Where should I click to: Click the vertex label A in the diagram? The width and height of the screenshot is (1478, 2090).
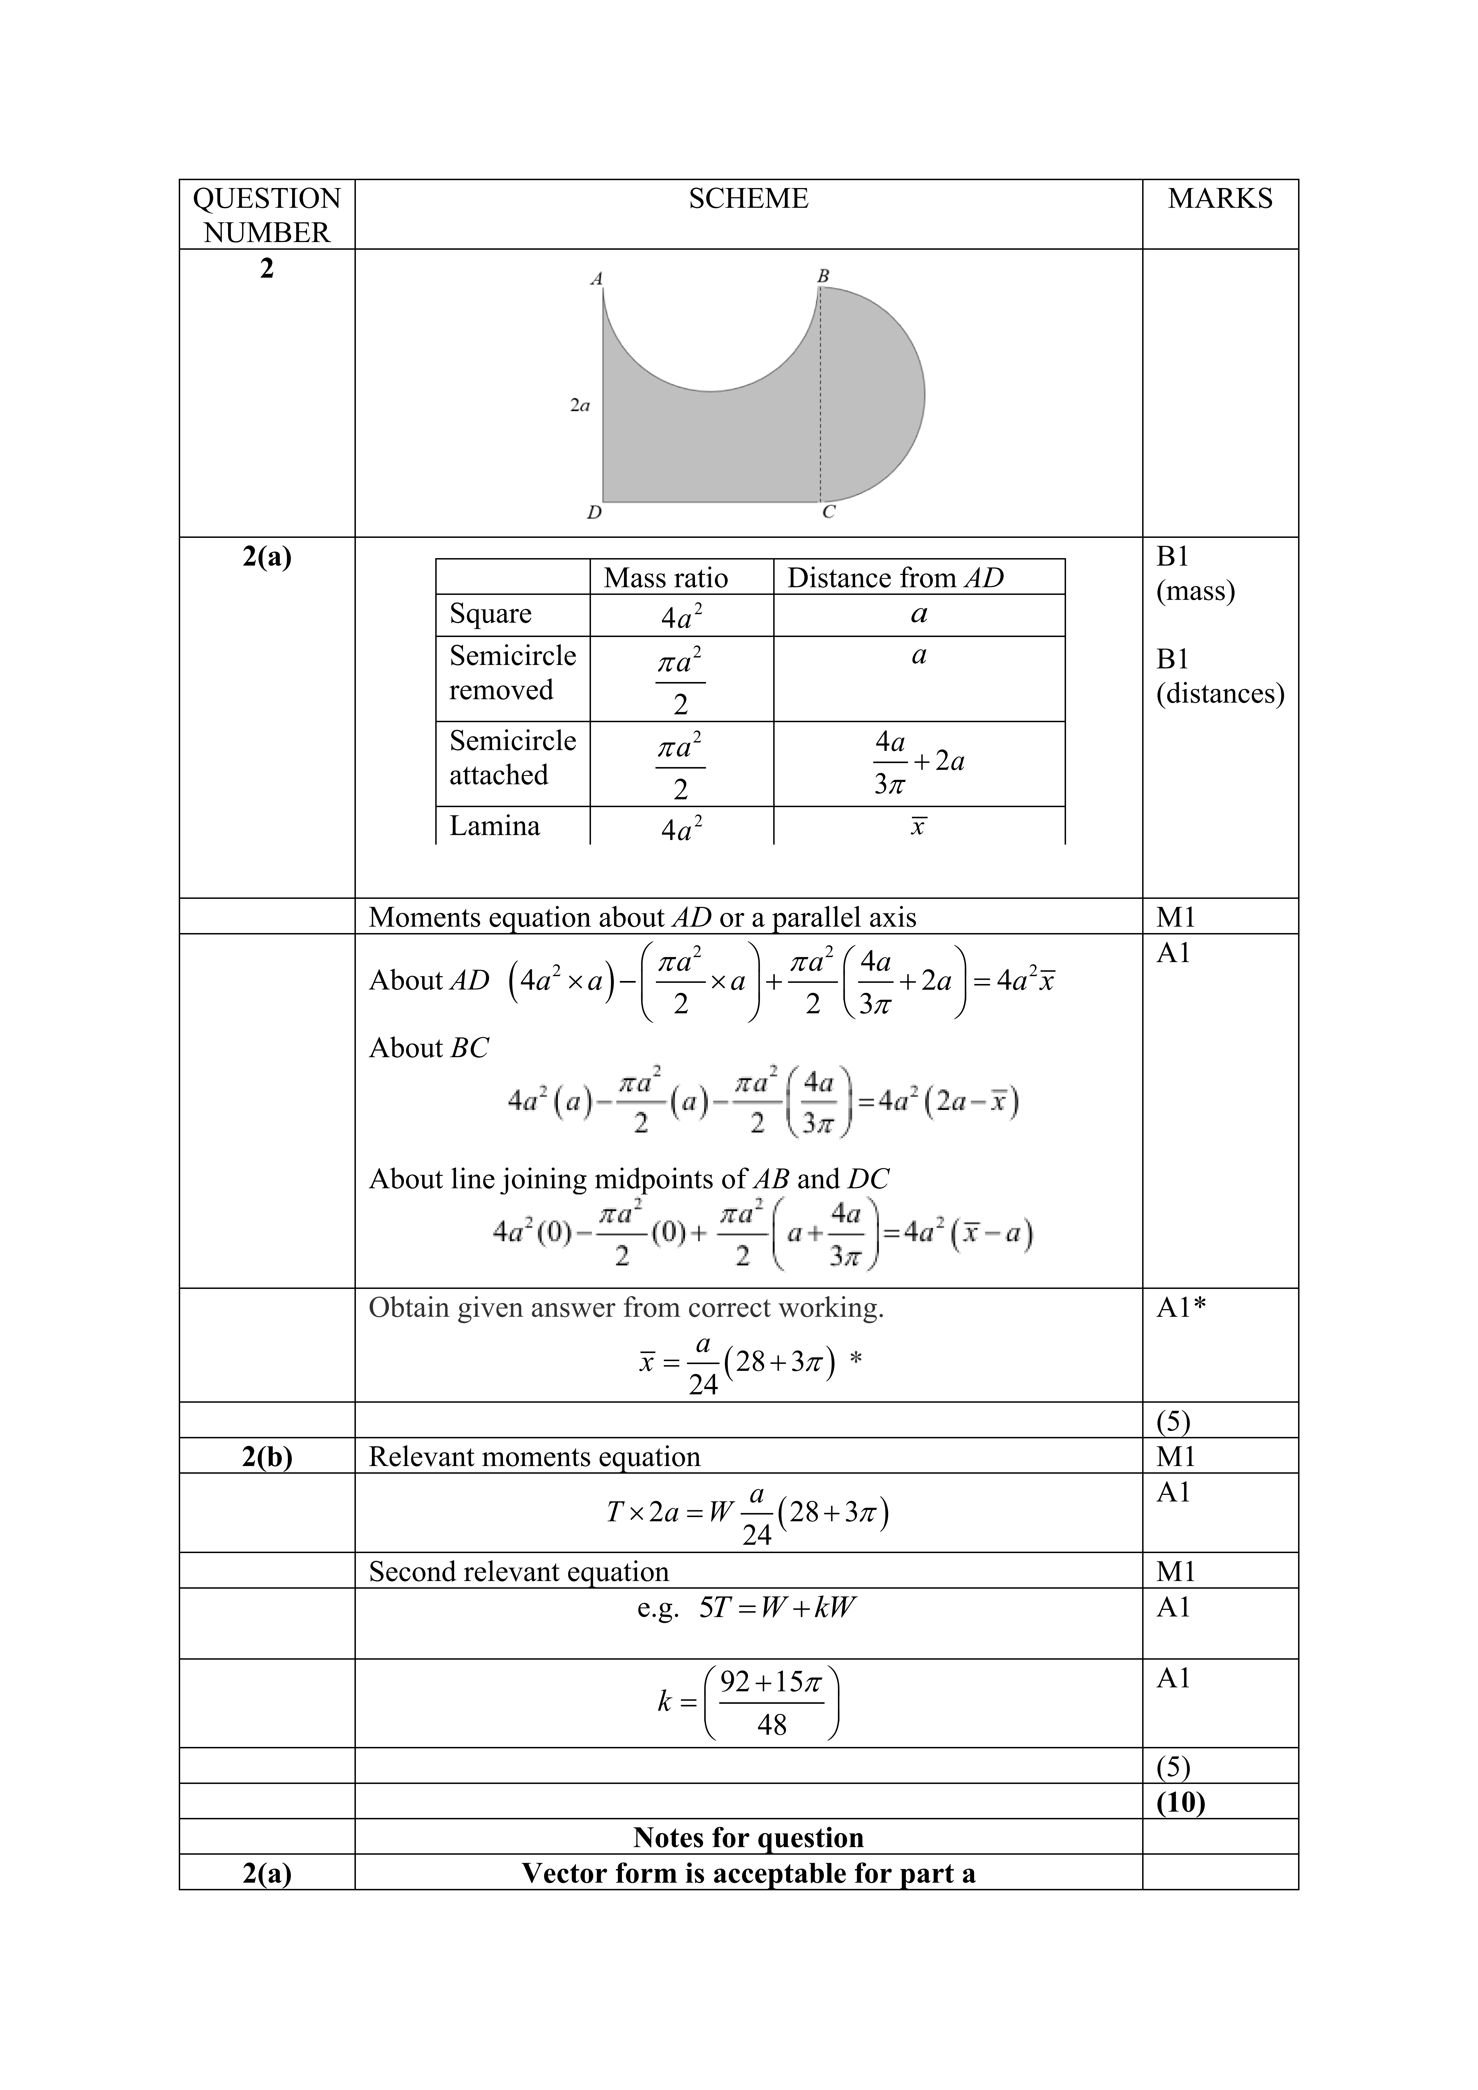[597, 279]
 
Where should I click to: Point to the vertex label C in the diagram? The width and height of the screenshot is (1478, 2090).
[828, 512]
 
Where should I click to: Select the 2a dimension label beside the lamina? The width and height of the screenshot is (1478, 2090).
[580, 406]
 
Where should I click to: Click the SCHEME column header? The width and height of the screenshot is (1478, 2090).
[748, 199]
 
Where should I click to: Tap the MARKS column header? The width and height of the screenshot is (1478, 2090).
[1220, 199]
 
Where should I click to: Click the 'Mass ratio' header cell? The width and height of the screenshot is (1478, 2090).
[666, 578]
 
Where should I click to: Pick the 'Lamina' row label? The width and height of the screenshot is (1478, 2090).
[494, 826]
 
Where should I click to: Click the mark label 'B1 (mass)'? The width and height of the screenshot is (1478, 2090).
[1195, 573]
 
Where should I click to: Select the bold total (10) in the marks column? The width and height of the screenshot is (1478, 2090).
[1180, 1801]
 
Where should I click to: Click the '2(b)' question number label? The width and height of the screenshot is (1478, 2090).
[267, 1456]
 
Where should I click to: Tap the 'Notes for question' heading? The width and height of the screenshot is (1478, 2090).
[748, 1837]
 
